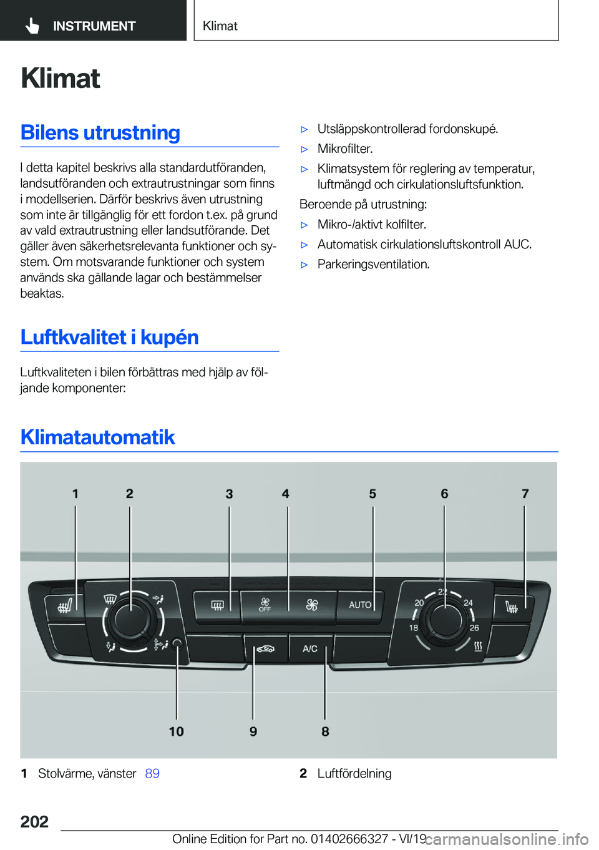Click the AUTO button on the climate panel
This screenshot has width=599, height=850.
(360, 605)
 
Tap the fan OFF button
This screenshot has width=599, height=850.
(265, 605)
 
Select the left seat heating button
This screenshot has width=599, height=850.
(65, 605)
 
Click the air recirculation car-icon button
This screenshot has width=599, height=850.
(266, 649)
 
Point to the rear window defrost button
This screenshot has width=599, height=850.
(217, 605)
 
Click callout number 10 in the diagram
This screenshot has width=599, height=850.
(176, 731)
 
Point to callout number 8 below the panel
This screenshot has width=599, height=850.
(325, 731)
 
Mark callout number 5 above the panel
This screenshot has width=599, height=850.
(373, 494)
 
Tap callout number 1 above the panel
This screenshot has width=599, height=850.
(75, 494)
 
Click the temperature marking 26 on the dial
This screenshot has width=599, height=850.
(474, 628)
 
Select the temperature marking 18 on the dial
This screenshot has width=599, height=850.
(414, 628)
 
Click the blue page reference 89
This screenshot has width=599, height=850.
(152, 774)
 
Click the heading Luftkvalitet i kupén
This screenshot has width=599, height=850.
(110, 337)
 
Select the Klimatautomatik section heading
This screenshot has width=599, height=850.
(98, 437)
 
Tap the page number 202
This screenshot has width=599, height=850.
(34, 821)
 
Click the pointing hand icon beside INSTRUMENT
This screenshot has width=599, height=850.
(32, 26)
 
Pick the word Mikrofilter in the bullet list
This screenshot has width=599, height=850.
(344, 149)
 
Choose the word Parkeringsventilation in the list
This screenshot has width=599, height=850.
(373, 264)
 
